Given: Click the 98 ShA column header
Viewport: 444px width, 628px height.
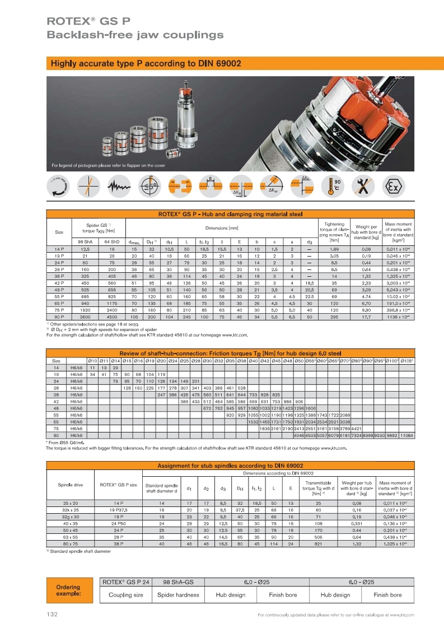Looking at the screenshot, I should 86,241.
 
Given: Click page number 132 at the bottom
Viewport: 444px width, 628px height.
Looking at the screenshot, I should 52,615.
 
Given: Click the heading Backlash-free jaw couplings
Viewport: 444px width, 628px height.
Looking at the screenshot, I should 135,35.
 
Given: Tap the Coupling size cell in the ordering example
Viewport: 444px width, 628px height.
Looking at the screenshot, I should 126,595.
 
